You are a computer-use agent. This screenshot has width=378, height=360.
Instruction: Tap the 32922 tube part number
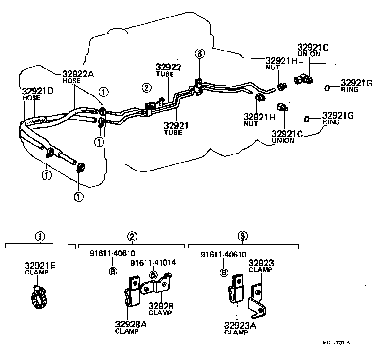(169, 67)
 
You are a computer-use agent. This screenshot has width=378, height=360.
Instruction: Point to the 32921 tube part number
(176, 126)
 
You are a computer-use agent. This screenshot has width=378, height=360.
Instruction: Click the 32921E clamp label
(40, 266)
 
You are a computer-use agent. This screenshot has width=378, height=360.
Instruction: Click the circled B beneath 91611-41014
(153, 275)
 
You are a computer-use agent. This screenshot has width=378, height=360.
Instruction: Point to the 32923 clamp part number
(261, 263)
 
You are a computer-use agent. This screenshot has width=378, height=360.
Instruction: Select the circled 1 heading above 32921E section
(40, 236)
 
